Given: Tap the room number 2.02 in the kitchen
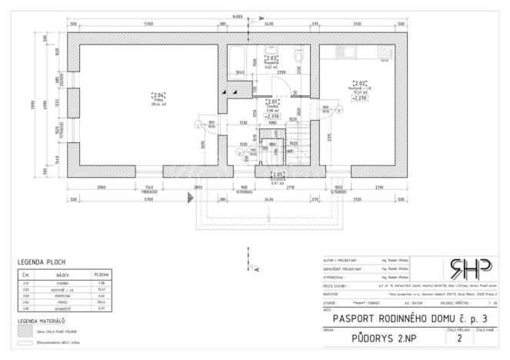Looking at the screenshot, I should [x=360, y=82].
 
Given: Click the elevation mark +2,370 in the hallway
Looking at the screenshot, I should [x=272, y=116].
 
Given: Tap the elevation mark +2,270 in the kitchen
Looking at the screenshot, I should [x=360, y=98].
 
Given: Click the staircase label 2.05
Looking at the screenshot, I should [x=277, y=173].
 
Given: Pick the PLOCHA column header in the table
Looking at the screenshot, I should [x=101, y=273].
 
